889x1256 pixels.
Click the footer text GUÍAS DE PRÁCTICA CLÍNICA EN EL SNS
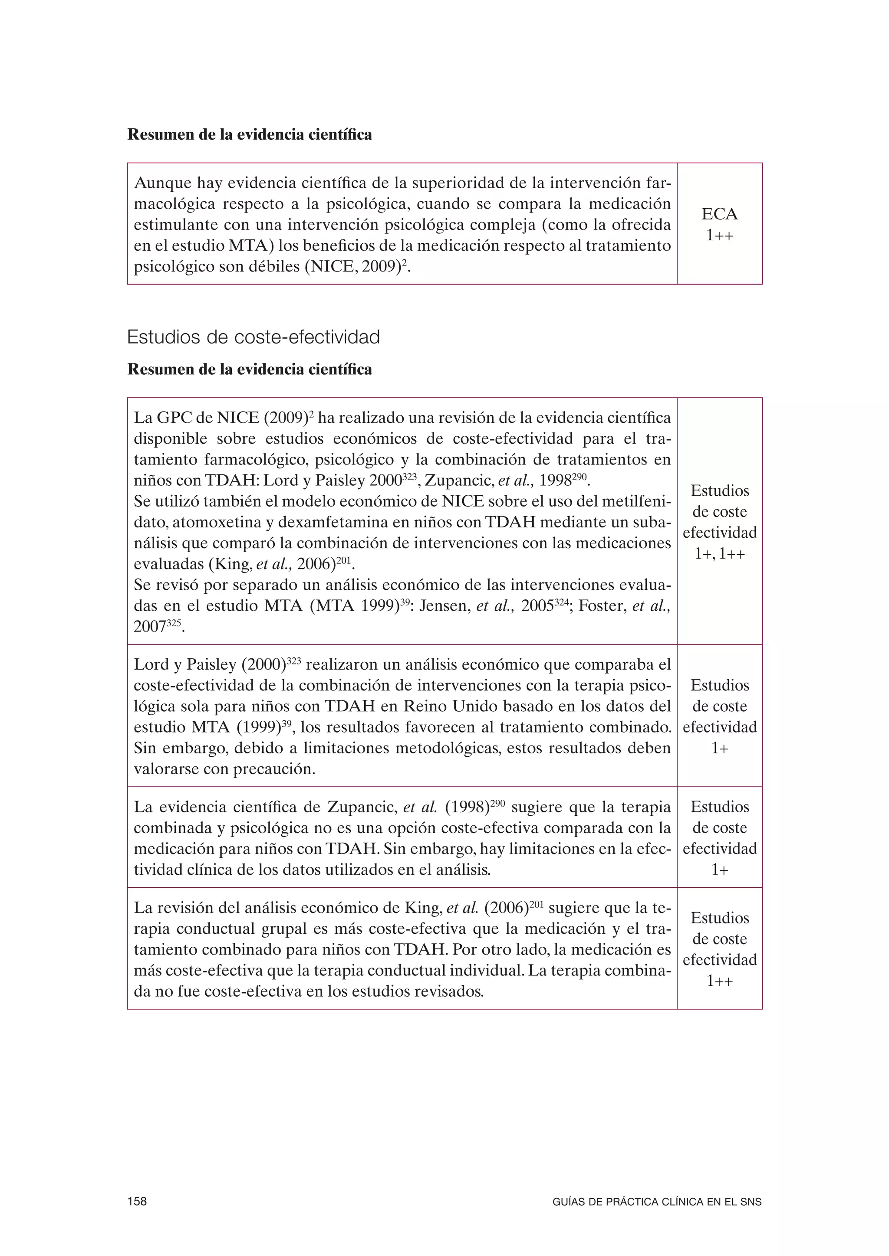tap(657, 1202)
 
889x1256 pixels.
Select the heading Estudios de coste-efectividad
tap(253, 337)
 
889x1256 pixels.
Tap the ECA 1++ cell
tap(719, 224)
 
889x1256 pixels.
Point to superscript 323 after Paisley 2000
tap(410, 477)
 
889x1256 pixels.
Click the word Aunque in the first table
tap(161, 183)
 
